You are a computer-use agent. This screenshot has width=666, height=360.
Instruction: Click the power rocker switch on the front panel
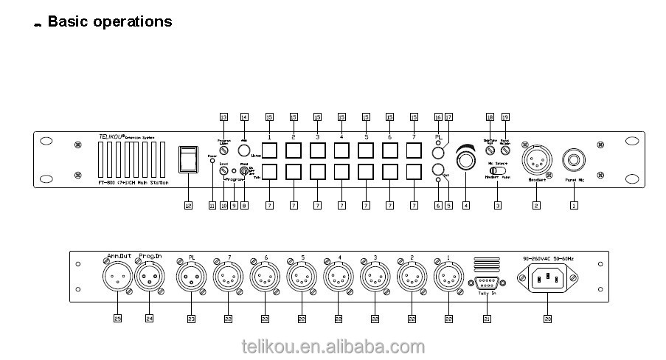click(190, 159)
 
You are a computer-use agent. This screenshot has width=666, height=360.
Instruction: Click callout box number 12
click(189, 206)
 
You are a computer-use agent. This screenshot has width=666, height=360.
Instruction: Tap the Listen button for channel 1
click(270, 150)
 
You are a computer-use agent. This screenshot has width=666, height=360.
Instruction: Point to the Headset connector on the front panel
click(536, 159)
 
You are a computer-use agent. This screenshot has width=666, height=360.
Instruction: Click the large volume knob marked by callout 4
click(466, 158)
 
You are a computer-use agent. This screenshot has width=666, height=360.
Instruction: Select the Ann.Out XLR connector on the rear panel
click(117, 280)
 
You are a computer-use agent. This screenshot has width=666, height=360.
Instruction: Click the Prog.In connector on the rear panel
click(150, 280)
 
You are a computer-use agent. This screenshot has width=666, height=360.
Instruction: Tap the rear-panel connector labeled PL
click(190, 280)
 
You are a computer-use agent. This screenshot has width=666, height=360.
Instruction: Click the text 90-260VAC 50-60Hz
click(546, 260)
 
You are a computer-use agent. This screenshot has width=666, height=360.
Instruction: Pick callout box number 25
click(117, 319)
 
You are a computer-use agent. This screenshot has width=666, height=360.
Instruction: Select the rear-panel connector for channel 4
click(337, 280)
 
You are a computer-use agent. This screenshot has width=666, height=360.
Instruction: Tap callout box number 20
click(547, 319)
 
